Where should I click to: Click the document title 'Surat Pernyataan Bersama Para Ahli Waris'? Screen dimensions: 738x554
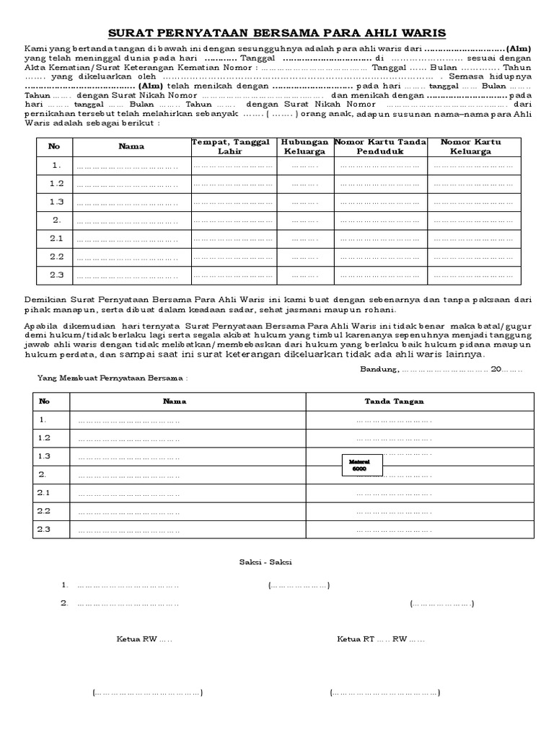point(277,33)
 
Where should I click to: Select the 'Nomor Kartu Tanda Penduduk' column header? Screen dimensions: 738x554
point(380,147)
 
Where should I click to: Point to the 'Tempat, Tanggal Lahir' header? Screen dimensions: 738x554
point(231,147)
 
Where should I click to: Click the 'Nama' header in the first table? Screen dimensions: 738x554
point(131,146)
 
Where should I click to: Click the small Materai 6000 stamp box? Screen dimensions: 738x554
point(361,465)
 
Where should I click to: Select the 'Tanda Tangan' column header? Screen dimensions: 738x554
point(394,401)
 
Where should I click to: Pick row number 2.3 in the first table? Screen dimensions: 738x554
point(56,275)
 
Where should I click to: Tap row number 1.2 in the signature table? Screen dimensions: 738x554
point(45,437)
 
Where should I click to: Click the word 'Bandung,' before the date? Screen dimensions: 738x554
point(378,369)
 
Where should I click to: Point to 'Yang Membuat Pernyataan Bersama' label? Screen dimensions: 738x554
point(113,378)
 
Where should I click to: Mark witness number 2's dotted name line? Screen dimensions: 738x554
point(128,603)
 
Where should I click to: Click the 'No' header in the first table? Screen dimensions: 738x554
point(54,146)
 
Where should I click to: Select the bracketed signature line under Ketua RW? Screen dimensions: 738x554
point(147,693)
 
